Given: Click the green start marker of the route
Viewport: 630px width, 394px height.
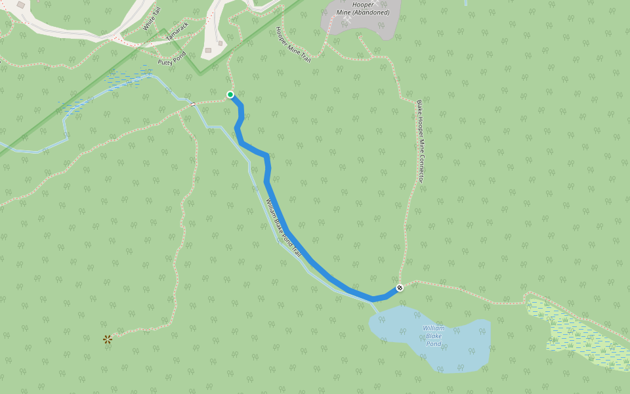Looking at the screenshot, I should [x=230, y=95].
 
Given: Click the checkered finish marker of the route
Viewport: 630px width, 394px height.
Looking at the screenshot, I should [x=400, y=288].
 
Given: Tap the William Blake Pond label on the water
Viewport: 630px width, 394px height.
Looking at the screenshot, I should [x=434, y=336].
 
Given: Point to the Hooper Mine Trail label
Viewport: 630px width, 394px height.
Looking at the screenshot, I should [x=293, y=45].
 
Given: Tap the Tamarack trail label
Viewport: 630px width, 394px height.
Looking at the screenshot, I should [x=177, y=32].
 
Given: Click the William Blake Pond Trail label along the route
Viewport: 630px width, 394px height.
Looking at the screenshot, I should [x=283, y=227].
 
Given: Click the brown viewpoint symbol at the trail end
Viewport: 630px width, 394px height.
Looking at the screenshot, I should [x=108, y=339].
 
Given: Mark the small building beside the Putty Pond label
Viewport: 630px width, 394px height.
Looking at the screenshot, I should [x=207, y=49].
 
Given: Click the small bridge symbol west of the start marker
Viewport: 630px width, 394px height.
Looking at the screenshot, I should [x=193, y=104].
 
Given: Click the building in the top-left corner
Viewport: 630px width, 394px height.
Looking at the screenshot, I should [x=21, y=5].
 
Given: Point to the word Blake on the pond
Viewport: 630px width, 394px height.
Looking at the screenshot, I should [x=434, y=336].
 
